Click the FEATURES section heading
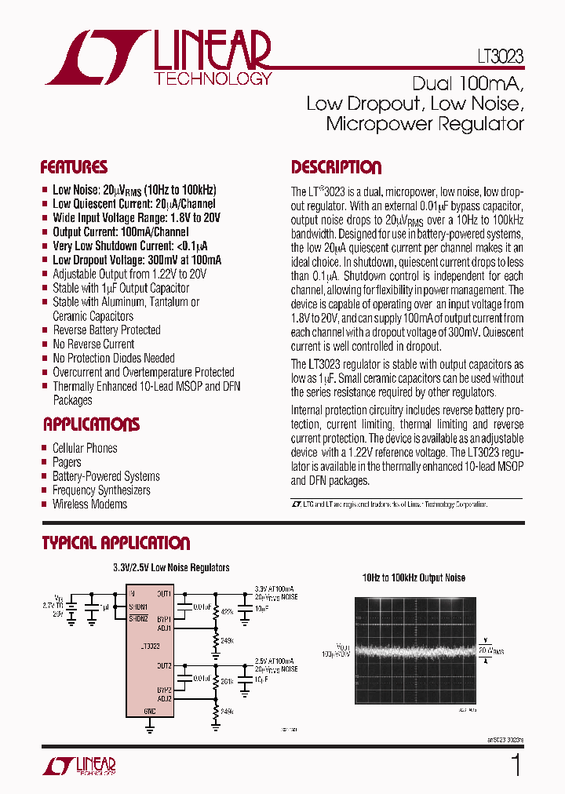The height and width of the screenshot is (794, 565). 74,167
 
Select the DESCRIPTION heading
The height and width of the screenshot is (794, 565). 336,167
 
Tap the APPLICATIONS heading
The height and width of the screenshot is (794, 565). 91,424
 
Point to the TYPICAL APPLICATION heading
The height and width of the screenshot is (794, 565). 115,543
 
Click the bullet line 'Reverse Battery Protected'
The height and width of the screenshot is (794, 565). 106,330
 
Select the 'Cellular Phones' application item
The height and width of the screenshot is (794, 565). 85,448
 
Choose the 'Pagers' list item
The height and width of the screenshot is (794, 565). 67,462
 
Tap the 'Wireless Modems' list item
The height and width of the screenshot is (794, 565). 89,504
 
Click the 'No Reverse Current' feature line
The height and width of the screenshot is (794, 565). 93,344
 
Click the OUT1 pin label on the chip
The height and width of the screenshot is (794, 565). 164,594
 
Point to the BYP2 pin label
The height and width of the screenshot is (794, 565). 164,690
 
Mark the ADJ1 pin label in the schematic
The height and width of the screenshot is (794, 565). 164,628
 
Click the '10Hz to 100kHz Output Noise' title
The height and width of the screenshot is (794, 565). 414,578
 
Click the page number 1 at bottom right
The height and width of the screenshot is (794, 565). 516,765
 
